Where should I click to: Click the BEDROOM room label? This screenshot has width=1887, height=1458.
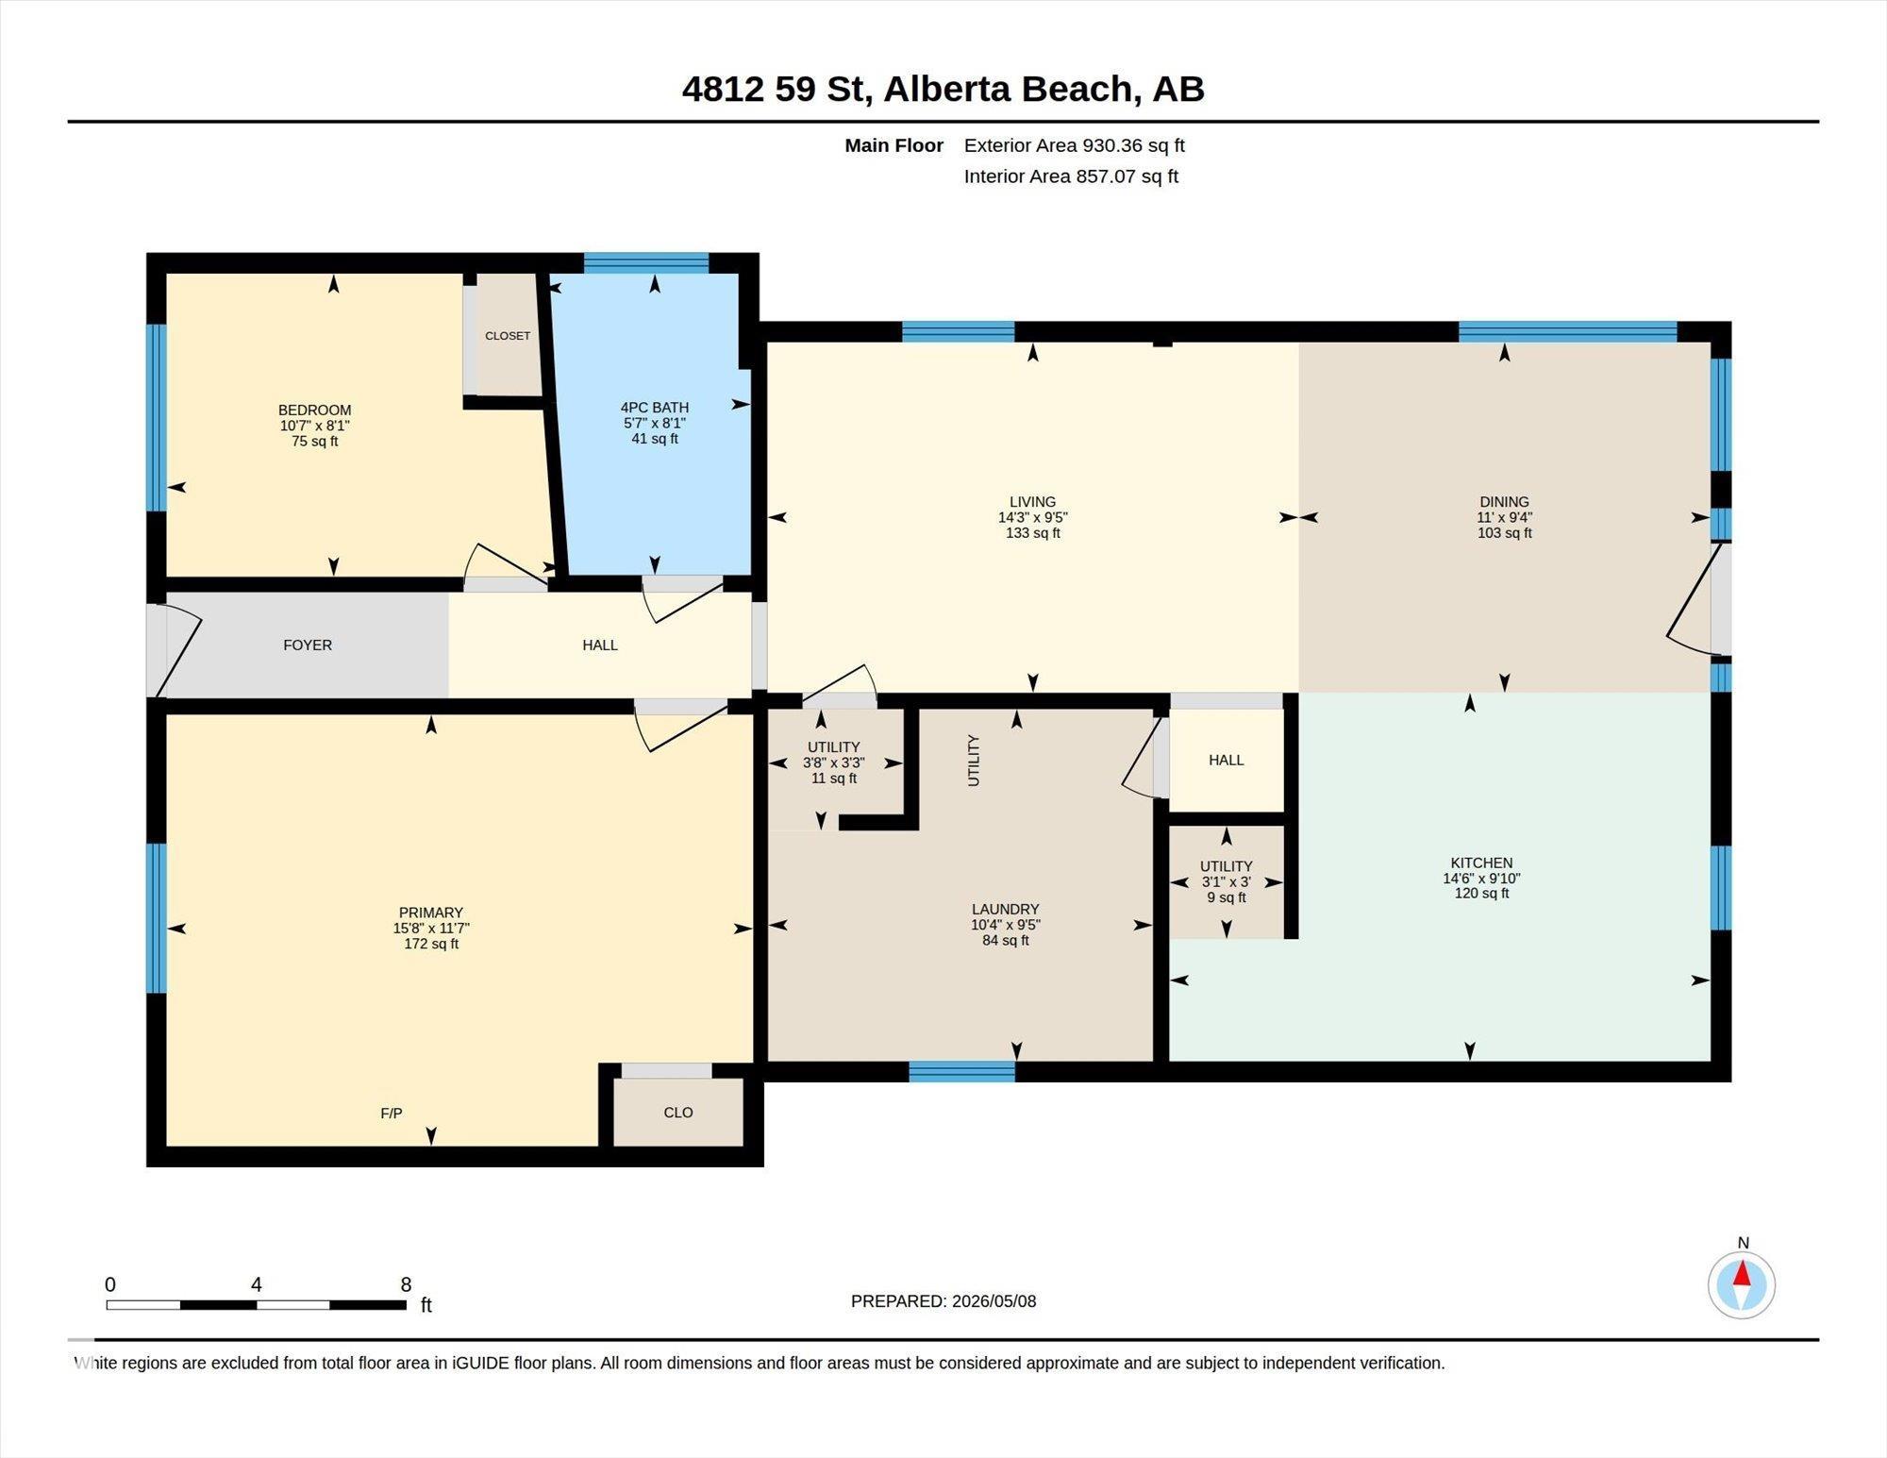click(314, 410)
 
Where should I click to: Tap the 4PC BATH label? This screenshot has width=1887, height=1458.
click(655, 408)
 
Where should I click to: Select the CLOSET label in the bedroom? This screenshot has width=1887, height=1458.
click(508, 336)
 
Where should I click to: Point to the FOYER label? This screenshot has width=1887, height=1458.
click(308, 645)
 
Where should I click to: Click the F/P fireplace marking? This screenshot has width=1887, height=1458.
click(392, 1114)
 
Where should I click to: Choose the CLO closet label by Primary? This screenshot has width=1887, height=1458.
click(678, 1113)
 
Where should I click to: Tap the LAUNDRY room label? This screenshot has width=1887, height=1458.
click(1006, 910)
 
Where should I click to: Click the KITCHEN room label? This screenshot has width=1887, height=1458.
click(1481, 863)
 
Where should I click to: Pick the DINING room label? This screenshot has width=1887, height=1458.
click(1504, 502)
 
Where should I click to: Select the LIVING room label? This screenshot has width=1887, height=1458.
click(1032, 502)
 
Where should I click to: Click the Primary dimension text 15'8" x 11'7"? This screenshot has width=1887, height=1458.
click(431, 928)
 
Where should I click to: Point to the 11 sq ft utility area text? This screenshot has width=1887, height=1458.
click(834, 779)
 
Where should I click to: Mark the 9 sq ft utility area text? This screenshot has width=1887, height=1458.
click(1227, 897)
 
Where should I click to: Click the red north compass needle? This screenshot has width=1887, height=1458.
click(1742, 1275)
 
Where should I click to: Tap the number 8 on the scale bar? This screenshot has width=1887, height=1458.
click(406, 1284)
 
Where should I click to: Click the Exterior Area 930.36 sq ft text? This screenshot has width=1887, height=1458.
click(1074, 145)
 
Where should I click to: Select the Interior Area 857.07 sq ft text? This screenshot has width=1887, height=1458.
click(1071, 176)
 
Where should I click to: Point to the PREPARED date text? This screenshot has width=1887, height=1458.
click(943, 1301)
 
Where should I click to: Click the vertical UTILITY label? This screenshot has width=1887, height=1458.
click(974, 761)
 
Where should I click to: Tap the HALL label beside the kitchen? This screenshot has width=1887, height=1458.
click(1227, 760)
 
